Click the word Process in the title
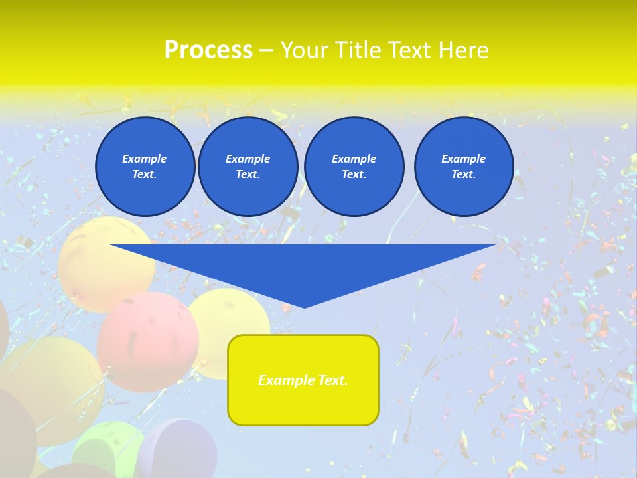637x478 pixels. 208,50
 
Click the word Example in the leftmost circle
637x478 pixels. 145,159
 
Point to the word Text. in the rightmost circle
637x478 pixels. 464,174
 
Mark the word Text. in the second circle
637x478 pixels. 248,174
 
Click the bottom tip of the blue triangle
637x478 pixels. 304,306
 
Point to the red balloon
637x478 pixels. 147,342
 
